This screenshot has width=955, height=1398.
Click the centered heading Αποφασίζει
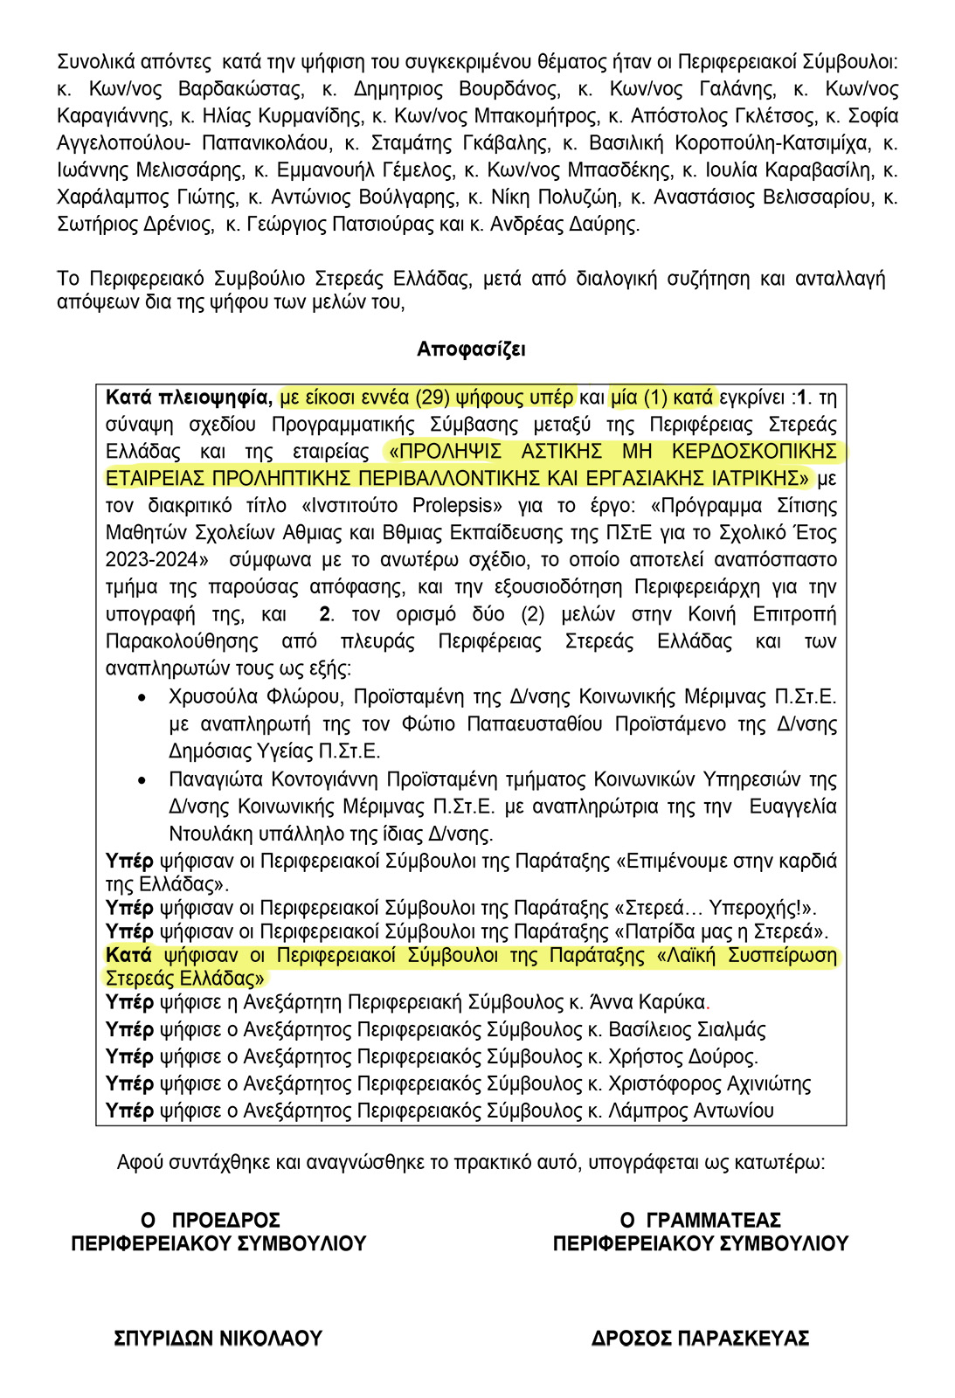point(471,349)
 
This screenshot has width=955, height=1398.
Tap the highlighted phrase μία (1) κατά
point(662,398)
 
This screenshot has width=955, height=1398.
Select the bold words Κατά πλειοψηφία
point(187,398)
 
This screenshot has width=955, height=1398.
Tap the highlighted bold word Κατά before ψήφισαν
point(128,955)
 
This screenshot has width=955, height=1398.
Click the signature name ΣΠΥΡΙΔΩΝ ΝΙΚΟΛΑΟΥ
point(218,1339)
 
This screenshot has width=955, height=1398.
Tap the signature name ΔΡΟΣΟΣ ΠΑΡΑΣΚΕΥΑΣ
point(700,1339)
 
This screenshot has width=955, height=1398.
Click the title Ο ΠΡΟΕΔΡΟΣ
point(211,1220)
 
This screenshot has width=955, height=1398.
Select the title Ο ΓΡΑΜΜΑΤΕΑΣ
point(700,1220)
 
